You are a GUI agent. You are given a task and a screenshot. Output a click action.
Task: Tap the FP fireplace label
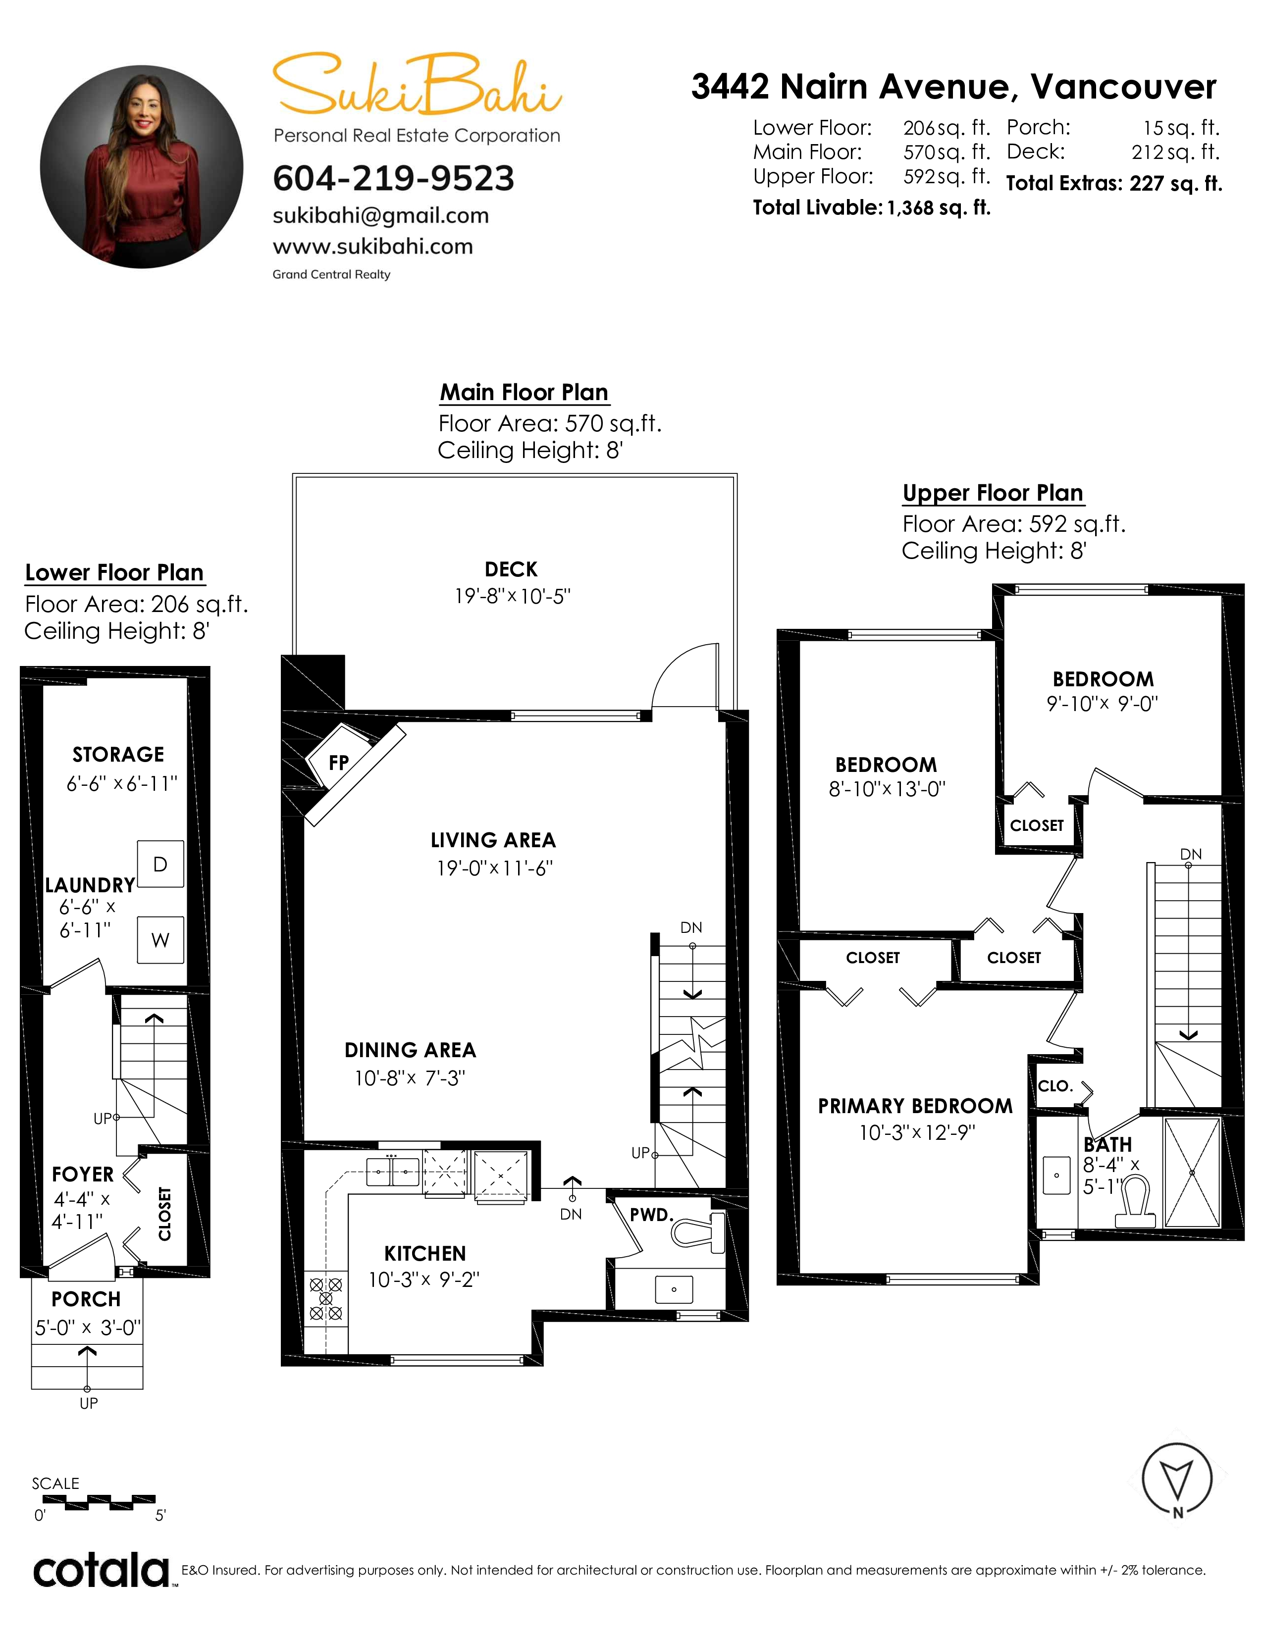tap(339, 763)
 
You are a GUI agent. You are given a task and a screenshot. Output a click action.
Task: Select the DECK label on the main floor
tap(511, 569)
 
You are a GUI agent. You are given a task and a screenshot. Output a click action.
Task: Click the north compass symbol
tap(1177, 1480)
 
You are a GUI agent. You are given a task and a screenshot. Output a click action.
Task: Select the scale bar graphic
tap(94, 1500)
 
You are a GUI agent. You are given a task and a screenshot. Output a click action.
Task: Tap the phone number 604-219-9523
tap(394, 178)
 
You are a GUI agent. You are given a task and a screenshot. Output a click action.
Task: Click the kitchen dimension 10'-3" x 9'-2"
tap(423, 1280)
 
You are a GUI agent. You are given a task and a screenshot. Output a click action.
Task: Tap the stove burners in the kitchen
tap(325, 1298)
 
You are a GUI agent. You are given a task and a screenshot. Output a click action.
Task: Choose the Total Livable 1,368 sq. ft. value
tap(938, 208)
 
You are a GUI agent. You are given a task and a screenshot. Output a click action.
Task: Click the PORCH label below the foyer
tap(86, 1299)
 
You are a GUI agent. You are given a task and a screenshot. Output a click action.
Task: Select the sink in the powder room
tap(674, 1289)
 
